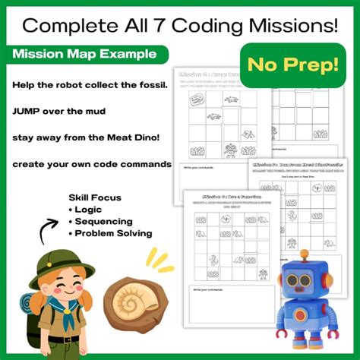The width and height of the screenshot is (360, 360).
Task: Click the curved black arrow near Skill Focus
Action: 46,227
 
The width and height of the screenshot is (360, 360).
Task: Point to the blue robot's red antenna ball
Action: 305,254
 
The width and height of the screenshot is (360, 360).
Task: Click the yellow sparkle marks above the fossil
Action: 160,261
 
